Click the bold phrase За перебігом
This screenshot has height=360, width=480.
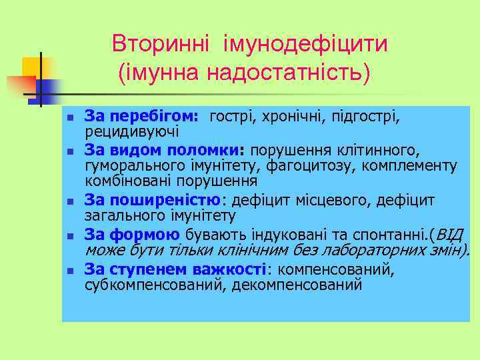[x=141, y=117]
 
